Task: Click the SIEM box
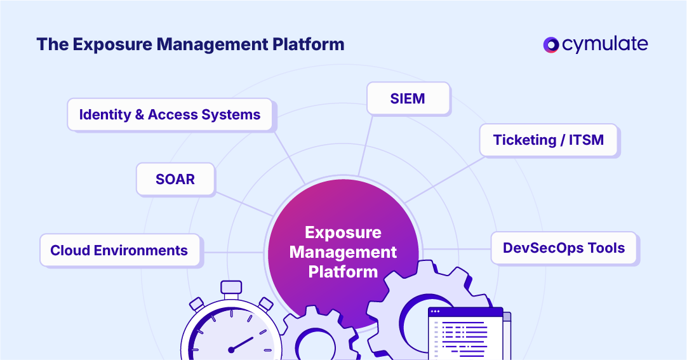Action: click(x=408, y=99)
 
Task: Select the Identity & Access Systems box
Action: click(x=170, y=115)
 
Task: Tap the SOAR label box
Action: click(x=175, y=179)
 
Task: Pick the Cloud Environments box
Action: click(x=119, y=250)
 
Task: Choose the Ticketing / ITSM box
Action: click(x=548, y=140)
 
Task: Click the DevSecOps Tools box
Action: click(x=564, y=248)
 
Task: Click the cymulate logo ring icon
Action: click(x=550, y=44)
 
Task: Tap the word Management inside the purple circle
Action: click(x=343, y=252)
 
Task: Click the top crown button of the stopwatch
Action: click(x=231, y=287)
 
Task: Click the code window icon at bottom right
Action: click(x=467, y=333)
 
